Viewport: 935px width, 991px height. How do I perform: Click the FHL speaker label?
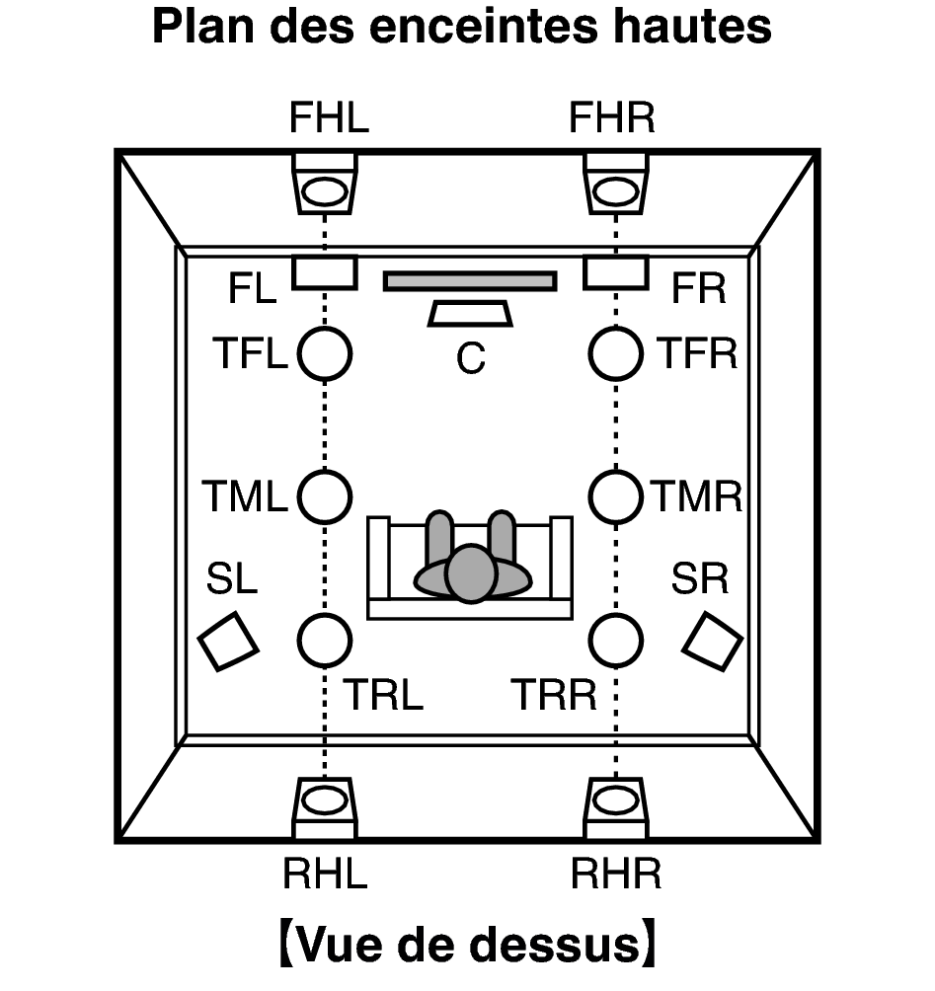tap(329, 117)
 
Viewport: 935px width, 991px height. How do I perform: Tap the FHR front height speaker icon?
tap(616, 185)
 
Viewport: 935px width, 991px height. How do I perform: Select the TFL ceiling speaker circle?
tap(325, 353)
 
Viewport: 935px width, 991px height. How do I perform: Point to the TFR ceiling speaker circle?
tap(616, 353)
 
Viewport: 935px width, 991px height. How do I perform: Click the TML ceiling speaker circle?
tap(325, 496)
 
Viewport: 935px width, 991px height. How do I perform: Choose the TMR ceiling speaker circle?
tap(616, 496)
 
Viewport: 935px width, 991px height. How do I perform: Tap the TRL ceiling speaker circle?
tap(325, 641)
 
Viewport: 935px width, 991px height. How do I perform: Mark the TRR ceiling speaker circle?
tap(616, 641)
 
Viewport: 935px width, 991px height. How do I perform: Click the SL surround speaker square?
tap(228, 641)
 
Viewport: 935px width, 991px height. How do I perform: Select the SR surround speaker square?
tap(713, 641)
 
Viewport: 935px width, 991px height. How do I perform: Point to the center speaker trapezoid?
tap(470, 314)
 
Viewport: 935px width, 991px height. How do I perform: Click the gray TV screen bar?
tap(470, 280)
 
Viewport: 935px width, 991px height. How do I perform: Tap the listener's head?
tap(471, 572)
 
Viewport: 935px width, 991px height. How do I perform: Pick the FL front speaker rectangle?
tap(325, 272)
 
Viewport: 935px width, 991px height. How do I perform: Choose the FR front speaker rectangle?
tap(616, 272)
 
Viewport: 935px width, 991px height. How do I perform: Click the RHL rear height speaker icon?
tap(325, 807)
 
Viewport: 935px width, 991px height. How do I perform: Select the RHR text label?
tap(616, 875)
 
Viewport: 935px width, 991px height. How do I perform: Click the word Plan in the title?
tap(203, 27)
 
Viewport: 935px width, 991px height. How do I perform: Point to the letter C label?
tap(470, 358)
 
